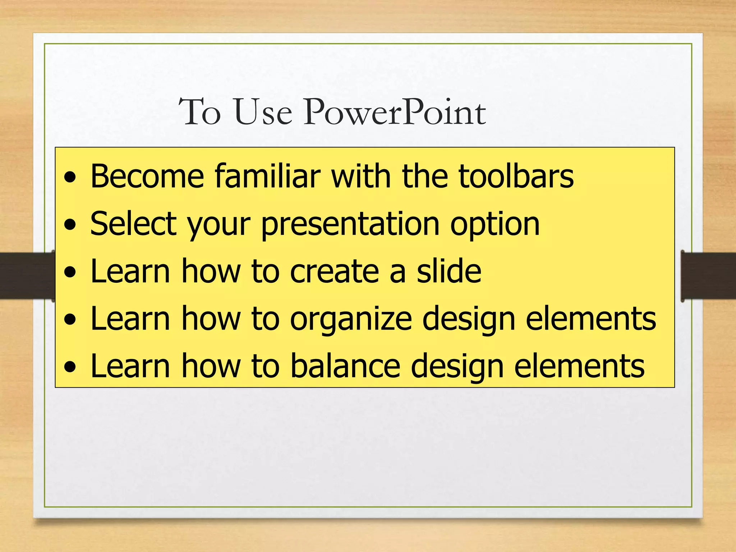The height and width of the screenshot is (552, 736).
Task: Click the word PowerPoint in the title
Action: (395, 112)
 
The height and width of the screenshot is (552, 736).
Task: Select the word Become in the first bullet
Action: (147, 176)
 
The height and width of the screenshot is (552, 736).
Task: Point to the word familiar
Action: (267, 176)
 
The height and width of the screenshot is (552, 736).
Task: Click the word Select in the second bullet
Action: (133, 224)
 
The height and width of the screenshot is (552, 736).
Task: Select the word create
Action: (334, 271)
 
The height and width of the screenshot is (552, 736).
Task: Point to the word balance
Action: (345, 366)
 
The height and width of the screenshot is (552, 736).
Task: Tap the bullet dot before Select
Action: (70, 225)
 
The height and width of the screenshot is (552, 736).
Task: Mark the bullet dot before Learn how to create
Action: (70, 272)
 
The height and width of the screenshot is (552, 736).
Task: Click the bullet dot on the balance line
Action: (70, 367)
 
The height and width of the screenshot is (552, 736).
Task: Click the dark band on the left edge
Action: (25, 275)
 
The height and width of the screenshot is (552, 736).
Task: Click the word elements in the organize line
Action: (591, 318)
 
